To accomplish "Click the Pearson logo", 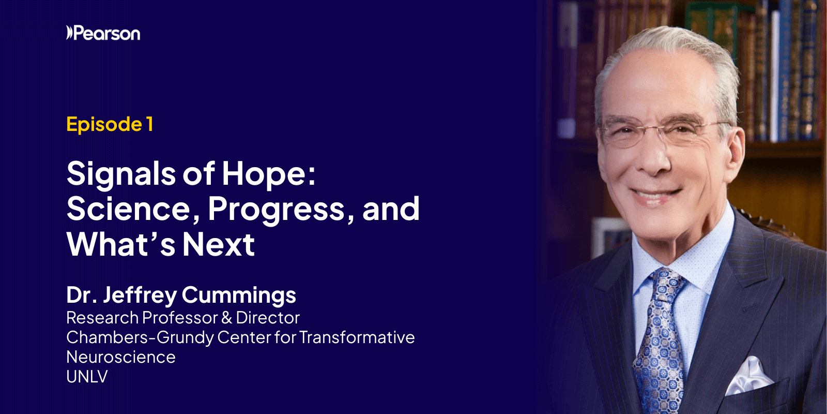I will pos(103,34).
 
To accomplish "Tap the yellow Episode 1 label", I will pos(110,124).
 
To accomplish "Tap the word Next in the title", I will pos(218,244).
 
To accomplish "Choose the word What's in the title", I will pos(120,244).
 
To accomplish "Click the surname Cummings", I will pos(239,295).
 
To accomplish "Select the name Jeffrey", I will pos(140,295).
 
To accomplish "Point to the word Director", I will pos(268,318).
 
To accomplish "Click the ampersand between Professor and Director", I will pos(226,318).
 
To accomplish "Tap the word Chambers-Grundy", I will pos(140,337).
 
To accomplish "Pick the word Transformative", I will pos(357,337).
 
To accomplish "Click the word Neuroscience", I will pos(121,357).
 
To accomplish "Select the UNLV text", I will pos(87,377).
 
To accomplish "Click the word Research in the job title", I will pos(102,318).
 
